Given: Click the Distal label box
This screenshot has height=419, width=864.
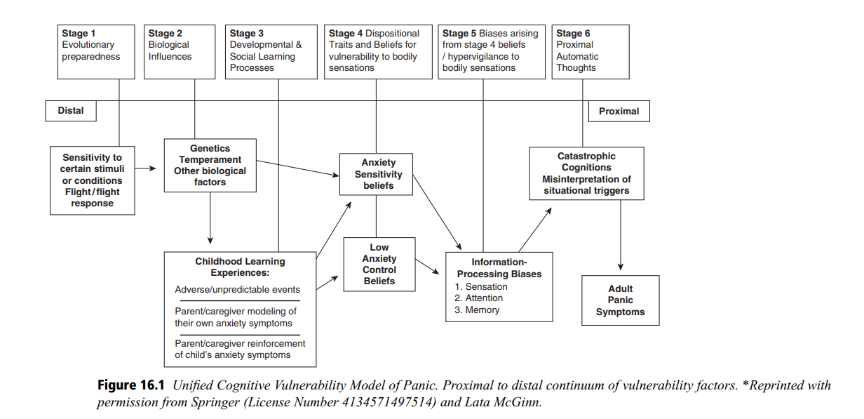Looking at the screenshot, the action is coord(71,111).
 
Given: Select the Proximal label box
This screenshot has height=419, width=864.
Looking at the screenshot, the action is coord(619,111).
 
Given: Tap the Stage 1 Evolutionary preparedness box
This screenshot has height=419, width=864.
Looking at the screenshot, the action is coord(96,52).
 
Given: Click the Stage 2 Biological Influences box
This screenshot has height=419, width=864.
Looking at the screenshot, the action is coord(180,52).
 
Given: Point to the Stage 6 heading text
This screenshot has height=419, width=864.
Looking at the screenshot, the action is coord(573,34).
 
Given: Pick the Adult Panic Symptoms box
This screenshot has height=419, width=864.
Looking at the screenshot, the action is coord(620,300).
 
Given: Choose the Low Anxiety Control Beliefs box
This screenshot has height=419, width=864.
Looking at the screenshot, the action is coord(379,264).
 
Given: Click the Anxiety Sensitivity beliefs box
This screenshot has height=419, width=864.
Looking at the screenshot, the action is coord(376,174).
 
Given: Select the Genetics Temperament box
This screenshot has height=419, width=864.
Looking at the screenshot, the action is coord(210,165).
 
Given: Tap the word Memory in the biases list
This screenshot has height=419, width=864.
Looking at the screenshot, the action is coord(482,310).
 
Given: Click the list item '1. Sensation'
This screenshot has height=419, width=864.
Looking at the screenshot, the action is coord(481,286).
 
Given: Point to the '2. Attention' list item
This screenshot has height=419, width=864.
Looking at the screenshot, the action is coord(479,298).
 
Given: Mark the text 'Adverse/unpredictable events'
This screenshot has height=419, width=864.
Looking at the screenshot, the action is coord(237,290).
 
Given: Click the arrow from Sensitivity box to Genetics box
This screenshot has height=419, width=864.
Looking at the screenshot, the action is coord(145,168).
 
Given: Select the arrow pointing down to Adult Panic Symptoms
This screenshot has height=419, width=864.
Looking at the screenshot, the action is coord(620,235).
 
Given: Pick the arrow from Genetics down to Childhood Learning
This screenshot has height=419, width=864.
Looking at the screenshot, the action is coord(210,218).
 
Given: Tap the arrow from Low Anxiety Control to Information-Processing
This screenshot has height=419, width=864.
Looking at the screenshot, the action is coord(427,267).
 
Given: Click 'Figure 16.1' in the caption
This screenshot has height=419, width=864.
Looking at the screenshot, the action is coord(130,385).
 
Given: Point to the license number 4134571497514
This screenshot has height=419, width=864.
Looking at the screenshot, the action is coord(389,402).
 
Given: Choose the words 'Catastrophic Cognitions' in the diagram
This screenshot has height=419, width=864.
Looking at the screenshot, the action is coord(586,162).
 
